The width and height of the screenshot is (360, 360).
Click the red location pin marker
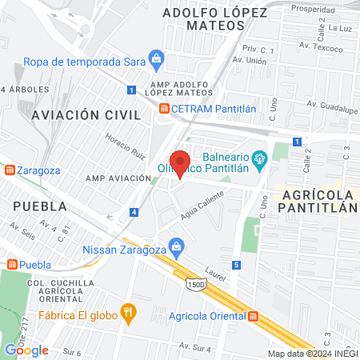[181, 162]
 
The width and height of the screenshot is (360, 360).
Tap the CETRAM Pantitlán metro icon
[164, 109]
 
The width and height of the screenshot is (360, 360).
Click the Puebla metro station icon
[11, 265]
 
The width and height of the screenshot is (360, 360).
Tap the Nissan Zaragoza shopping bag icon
[178, 249]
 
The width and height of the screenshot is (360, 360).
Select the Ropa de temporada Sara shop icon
[157, 61]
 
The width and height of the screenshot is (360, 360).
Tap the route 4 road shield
[134, 212]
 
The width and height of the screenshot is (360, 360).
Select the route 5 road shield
[236, 265]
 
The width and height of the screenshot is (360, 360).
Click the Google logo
[26, 350]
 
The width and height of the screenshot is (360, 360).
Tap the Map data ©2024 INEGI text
[311, 354]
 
